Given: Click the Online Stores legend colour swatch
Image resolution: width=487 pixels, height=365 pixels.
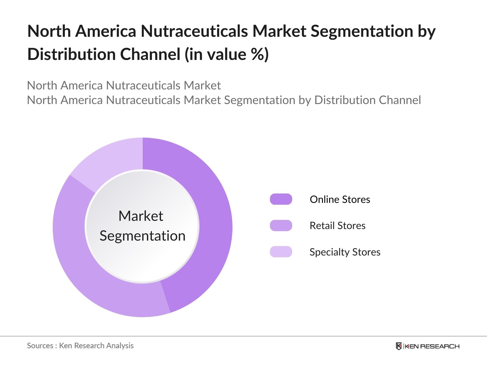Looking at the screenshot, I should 281,199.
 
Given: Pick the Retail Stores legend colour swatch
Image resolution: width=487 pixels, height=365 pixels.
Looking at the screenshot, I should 281,226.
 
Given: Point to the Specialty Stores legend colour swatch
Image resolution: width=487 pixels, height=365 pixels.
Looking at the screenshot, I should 281,252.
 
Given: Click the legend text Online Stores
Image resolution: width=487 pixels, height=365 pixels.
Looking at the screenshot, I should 340,199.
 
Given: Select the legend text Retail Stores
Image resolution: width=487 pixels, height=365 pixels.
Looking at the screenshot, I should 337,226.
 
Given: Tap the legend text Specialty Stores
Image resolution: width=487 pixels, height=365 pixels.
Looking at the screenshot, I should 345,252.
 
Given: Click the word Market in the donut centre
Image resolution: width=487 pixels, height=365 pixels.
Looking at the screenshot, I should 141,216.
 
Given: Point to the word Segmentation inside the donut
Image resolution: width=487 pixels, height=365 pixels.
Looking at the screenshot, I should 142,236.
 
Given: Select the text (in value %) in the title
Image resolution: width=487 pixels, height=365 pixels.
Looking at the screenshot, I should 226,54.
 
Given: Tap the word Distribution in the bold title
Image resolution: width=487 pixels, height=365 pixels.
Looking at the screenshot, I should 71,54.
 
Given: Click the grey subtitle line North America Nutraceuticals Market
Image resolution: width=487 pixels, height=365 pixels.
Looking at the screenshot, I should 124,85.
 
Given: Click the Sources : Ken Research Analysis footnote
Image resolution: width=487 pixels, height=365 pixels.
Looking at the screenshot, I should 80,346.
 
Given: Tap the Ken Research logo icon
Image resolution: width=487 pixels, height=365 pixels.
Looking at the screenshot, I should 399,346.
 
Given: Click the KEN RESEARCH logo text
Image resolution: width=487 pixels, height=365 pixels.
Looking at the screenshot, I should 432,346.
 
